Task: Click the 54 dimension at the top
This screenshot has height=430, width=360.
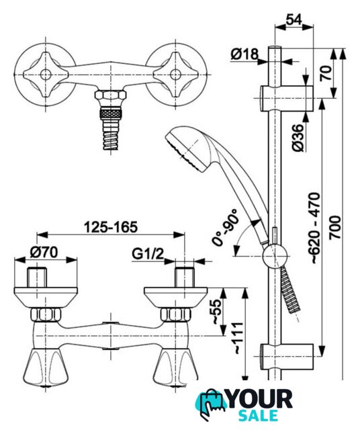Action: pyautogui.click(x=294, y=19)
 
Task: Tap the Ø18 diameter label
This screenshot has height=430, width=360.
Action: pyautogui.click(x=244, y=54)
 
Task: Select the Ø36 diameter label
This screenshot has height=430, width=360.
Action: pyautogui.click(x=298, y=138)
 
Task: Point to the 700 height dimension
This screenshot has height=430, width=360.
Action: pyautogui.click(x=335, y=227)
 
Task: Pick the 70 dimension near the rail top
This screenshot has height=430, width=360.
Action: pyautogui.click(x=326, y=73)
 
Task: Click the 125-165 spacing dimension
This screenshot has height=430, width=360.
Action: pyautogui.click(x=111, y=227)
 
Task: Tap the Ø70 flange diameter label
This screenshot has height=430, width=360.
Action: pyautogui.click(x=44, y=252)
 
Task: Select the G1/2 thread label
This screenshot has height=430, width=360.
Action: pyautogui.click(x=148, y=254)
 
